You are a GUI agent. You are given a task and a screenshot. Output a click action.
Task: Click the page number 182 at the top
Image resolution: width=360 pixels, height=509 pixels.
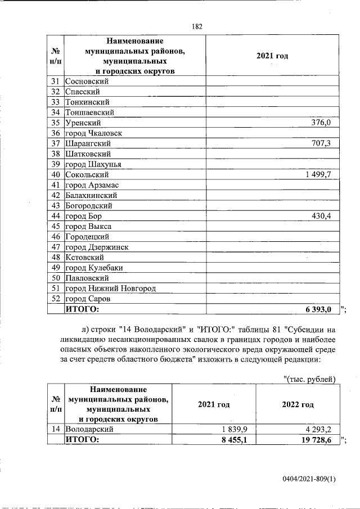tap(197, 26)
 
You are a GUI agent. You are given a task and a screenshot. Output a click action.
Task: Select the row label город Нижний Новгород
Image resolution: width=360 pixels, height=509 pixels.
tap(110, 289)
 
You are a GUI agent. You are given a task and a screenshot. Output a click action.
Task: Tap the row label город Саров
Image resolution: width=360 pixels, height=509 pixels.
tap(88, 299)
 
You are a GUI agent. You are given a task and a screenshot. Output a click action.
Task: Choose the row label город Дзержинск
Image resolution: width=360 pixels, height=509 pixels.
tap(97, 247)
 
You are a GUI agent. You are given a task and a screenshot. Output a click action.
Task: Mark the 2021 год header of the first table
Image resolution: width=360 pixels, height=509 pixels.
tap(272, 56)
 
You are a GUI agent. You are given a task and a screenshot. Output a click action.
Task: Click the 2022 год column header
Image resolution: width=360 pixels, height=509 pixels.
tap(298, 404)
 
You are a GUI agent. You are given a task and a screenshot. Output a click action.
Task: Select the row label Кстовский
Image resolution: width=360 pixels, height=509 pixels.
tap(85, 258)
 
